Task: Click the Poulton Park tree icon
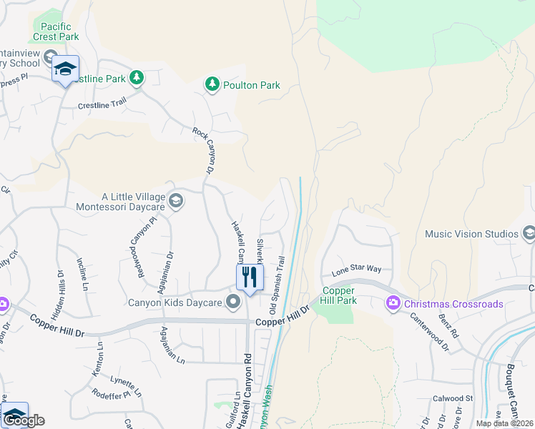coord(212,85)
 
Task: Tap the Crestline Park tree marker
coord(134,77)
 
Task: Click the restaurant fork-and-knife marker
coord(250,277)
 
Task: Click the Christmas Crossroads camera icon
coord(393,304)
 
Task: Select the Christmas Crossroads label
coord(453,304)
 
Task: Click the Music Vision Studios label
coord(471,234)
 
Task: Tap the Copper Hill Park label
coord(339,296)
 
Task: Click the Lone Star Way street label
coord(357,272)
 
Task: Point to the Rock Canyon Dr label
coord(204,151)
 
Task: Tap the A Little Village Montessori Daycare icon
coord(176,201)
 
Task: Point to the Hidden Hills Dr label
coord(59,287)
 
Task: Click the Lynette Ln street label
coord(126,386)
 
